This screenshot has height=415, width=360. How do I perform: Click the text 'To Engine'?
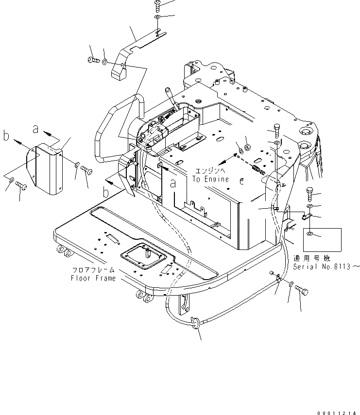(x=210, y=179)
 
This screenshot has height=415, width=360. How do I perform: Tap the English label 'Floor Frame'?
(x=93, y=278)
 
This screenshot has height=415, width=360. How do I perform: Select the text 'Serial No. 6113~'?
(x=326, y=266)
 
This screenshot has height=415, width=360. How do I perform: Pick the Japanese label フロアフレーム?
(x=93, y=271)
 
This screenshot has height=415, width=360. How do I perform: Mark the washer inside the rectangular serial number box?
(x=309, y=235)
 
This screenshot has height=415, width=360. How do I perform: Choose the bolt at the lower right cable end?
(x=302, y=291)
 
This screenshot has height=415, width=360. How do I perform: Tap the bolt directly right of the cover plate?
(x=86, y=170)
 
